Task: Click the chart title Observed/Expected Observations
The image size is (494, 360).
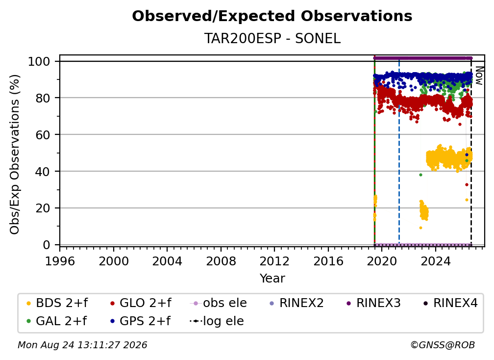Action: point(272,16)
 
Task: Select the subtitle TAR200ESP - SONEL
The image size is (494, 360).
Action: point(272,38)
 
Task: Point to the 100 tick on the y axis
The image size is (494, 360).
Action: point(44,61)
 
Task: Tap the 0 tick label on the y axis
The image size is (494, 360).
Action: point(47,245)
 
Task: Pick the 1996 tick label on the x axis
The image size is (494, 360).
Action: point(60,261)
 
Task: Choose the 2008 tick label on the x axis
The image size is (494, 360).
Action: point(221,261)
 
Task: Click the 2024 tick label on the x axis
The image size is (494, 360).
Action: point(435,261)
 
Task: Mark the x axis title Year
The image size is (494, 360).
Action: point(272,278)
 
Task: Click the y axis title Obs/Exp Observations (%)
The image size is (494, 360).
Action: point(15,154)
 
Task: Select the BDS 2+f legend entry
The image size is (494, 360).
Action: point(57,303)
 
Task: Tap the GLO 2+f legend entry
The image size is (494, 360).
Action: point(141,303)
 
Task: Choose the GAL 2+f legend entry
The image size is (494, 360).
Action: point(56,321)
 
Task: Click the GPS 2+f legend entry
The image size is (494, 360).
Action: point(140,321)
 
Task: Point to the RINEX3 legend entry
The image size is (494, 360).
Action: point(373,303)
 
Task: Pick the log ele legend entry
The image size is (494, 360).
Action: point(217,321)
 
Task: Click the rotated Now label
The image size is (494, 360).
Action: point(479,76)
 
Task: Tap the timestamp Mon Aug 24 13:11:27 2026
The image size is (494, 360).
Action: point(82,345)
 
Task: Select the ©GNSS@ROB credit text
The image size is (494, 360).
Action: point(443,345)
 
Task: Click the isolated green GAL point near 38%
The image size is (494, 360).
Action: point(420,175)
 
